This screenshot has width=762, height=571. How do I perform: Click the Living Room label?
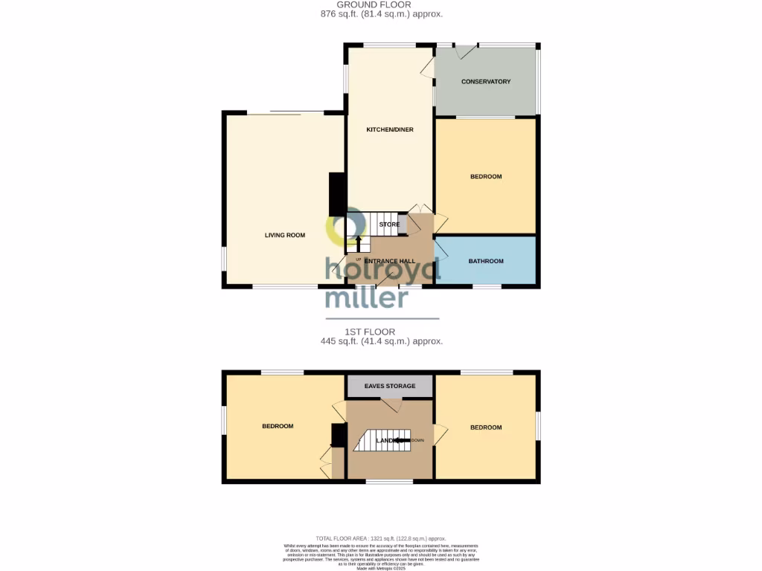pos(285,235)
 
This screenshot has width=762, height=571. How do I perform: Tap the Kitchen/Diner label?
pos(389,129)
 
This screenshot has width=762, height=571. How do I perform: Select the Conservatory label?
pos(486,81)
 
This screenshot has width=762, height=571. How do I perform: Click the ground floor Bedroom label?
pos(486,176)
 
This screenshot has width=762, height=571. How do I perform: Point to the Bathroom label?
pos(486,261)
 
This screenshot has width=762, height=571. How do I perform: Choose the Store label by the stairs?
pos(389,225)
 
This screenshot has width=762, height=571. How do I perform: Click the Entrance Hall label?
pos(389,261)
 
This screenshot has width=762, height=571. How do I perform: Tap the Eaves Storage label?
pos(389,386)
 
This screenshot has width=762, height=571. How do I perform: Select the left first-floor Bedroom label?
pos(278,426)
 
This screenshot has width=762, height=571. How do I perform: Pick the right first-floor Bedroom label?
pos(486,427)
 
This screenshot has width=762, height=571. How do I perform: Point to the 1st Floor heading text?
pos(369,332)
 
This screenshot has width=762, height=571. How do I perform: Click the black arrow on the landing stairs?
pos(401,440)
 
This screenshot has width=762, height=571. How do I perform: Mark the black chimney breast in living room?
pos(337,194)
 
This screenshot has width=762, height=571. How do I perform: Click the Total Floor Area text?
pos(380,538)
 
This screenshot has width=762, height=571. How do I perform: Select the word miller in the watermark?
pos(367,297)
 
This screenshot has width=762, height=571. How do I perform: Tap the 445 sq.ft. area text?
pos(381,341)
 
